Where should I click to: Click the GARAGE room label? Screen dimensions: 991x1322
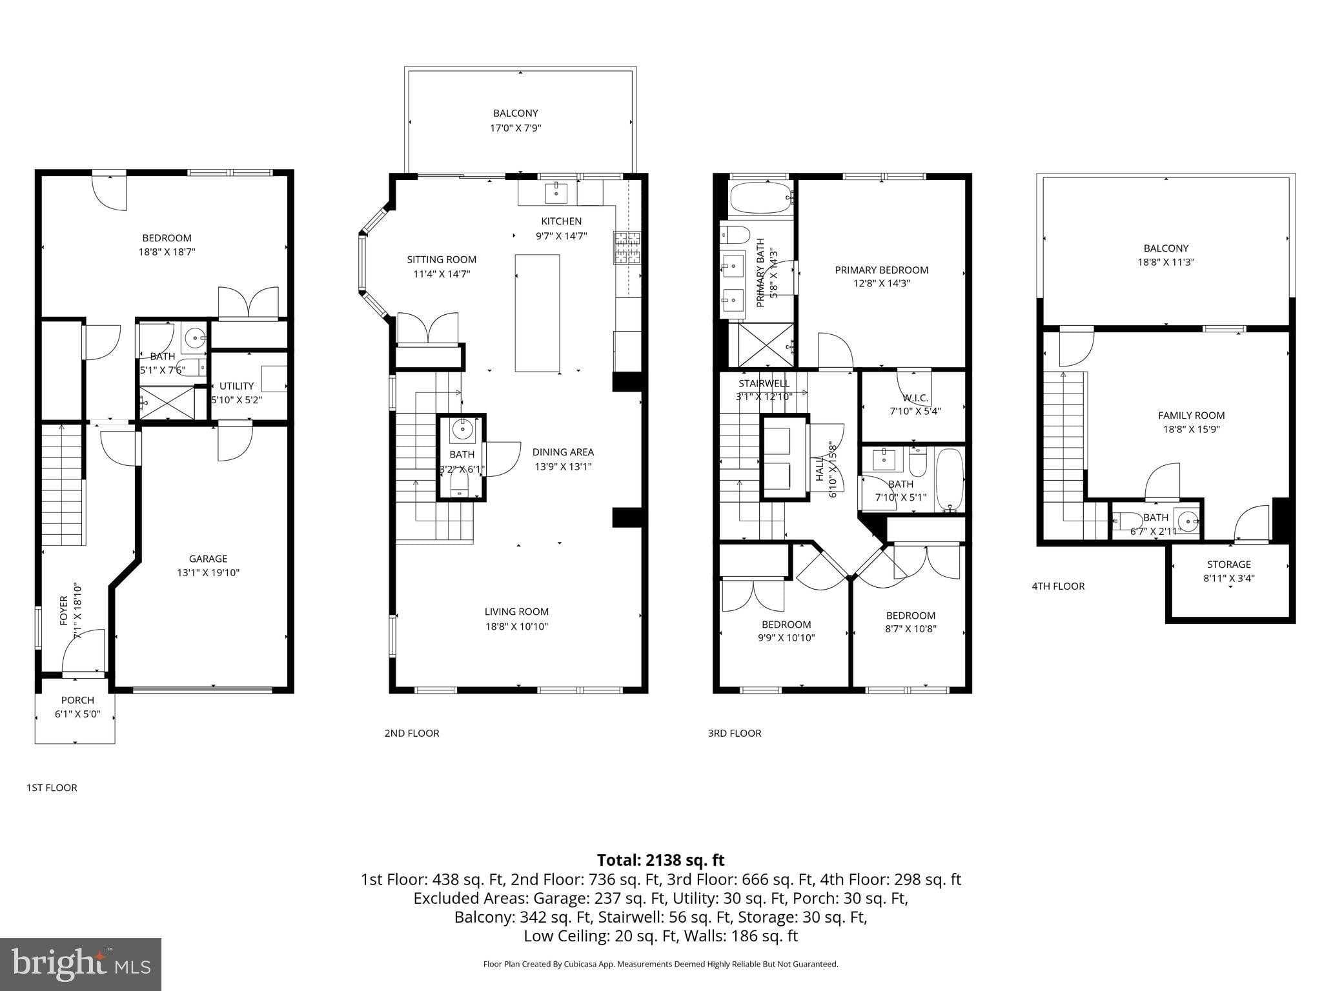208,559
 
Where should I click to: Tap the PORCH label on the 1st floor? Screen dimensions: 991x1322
77,700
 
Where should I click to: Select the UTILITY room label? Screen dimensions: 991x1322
236,386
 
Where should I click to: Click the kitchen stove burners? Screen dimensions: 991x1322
627,248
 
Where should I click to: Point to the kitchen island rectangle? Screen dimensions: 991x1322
537,313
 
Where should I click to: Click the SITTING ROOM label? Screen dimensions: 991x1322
442,259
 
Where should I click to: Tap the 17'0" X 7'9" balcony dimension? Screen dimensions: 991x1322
515,128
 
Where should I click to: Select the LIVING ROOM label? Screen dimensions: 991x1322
516,612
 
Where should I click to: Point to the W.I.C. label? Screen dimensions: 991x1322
915,398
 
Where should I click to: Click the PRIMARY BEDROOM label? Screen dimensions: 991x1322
881,270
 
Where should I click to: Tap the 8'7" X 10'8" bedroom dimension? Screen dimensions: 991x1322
910,629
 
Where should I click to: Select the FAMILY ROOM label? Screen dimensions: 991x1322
1191,415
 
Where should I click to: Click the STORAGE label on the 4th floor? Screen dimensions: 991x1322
1228,564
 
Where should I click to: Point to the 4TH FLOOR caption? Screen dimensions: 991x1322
1058,586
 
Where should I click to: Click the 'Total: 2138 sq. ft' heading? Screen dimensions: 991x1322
660,860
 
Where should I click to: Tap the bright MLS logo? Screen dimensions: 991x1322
81,964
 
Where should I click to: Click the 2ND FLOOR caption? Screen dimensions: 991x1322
412,733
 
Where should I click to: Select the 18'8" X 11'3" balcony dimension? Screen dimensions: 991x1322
1166,262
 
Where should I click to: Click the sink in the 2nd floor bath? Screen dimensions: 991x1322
462,429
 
